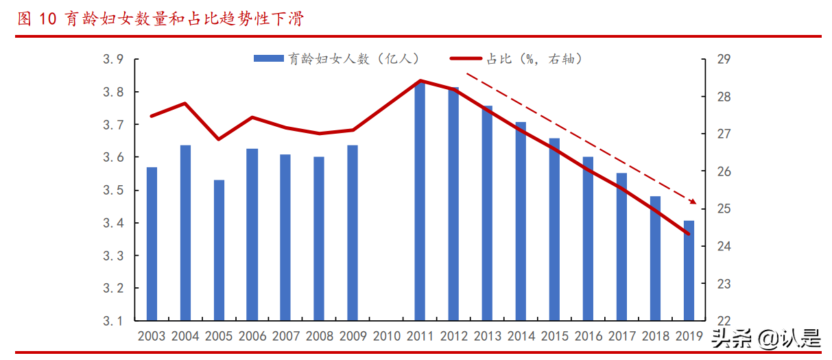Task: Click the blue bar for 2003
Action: (152, 244)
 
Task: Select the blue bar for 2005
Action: (219, 250)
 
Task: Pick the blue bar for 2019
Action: (689, 271)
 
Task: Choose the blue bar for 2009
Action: (353, 233)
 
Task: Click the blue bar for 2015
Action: (554, 230)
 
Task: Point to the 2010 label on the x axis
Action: (386, 337)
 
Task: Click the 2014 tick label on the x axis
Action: (521, 337)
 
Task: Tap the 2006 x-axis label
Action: (252, 337)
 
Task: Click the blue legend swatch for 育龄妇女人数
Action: (268, 60)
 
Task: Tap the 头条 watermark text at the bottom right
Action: (728, 338)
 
